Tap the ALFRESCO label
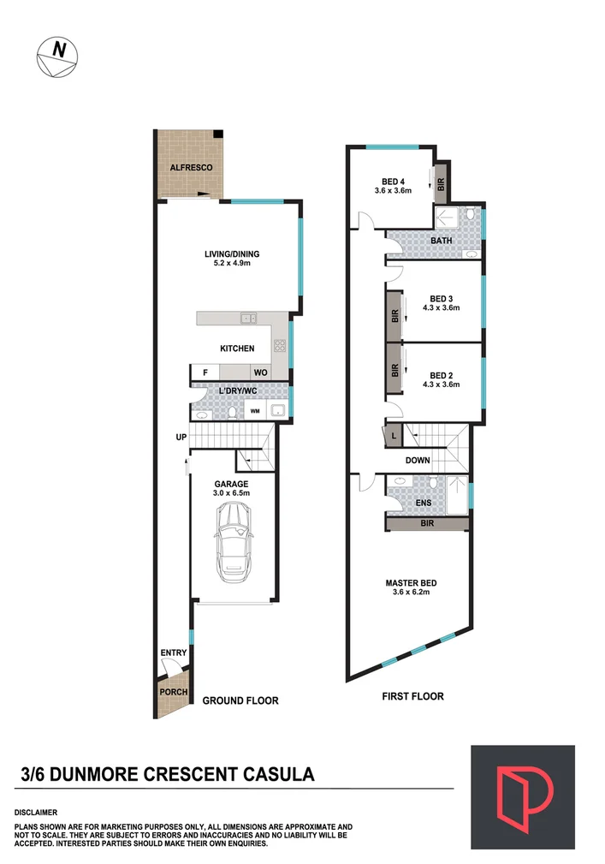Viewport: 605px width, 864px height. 190,168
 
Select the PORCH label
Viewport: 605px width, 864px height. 174,692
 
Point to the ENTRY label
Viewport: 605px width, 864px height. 174,653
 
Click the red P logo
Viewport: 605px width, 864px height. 522,797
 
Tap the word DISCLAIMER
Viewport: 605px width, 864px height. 36,811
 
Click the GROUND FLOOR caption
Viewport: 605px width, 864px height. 240,700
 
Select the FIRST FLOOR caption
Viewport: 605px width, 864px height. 412,696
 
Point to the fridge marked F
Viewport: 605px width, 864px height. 205,372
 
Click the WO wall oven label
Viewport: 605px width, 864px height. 259,372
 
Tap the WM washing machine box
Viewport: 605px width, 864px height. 255,412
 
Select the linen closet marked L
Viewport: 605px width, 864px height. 393,435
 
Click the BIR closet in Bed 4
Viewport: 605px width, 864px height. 441,183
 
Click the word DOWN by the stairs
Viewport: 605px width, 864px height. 418,460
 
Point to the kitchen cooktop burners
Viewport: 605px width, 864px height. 279,346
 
